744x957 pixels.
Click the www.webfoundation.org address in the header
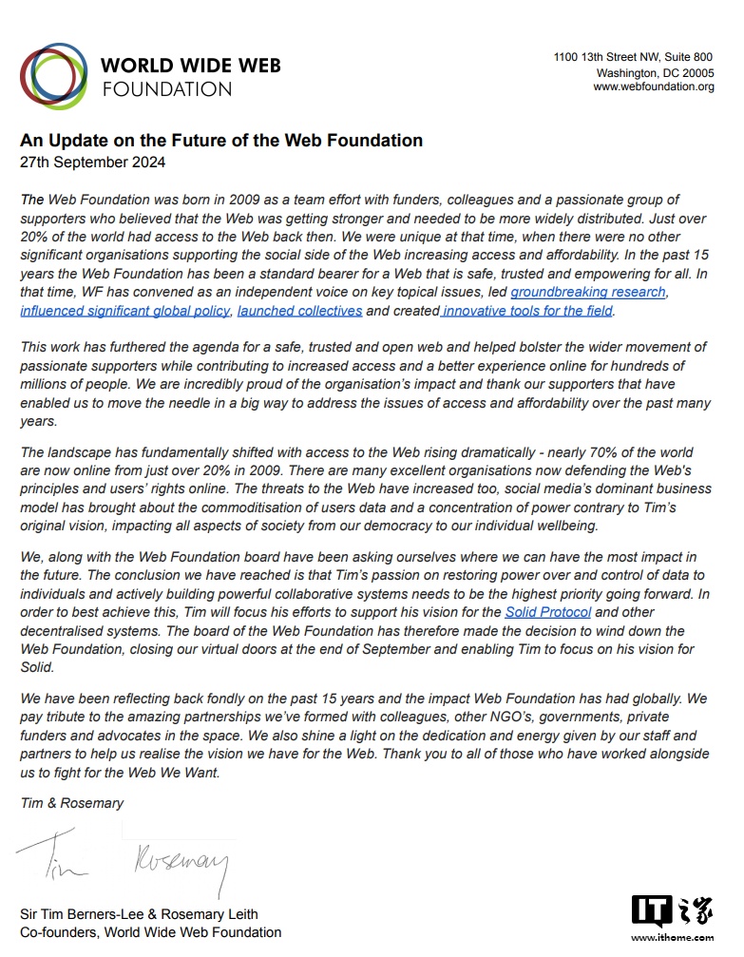[x=653, y=87]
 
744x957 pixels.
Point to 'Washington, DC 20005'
[x=655, y=73]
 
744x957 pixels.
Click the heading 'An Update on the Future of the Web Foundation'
[x=221, y=141]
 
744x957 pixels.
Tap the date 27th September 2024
[x=93, y=163]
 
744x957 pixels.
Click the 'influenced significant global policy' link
[x=125, y=311]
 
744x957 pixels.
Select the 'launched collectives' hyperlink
[x=299, y=311]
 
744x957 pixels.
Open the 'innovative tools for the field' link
[x=528, y=311]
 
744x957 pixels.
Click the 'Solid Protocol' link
[x=547, y=612]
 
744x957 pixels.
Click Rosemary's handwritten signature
[x=181, y=861]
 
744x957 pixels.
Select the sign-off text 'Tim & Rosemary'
[x=72, y=803]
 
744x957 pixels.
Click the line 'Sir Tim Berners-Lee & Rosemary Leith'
[x=139, y=914]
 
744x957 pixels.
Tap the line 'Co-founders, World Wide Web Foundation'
[x=151, y=932]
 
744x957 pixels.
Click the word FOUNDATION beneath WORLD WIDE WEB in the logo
[x=166, y=90]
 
